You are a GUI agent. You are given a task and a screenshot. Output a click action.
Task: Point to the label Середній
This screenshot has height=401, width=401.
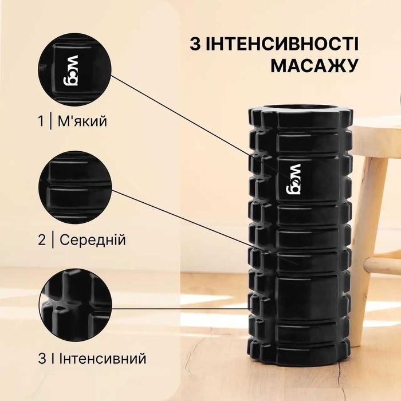pos(92,239)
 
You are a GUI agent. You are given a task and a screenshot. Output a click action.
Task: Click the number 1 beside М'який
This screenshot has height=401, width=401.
pos(41,121)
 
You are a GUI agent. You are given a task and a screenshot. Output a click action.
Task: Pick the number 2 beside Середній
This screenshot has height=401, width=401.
pos(42,239)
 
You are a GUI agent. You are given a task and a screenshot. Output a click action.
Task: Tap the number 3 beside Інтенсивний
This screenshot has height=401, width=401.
pos(42,359)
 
